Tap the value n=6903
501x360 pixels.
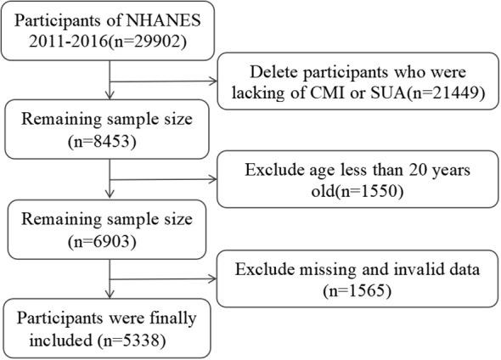[x=111, y=241]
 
